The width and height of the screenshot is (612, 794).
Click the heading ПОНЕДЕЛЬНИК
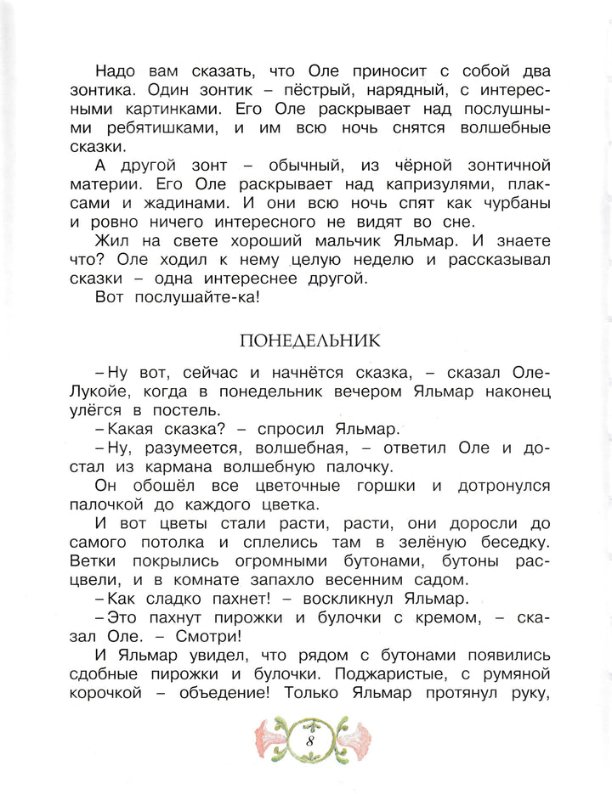[x=310, y=341]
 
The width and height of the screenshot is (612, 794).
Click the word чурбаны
[x=509, y=206]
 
